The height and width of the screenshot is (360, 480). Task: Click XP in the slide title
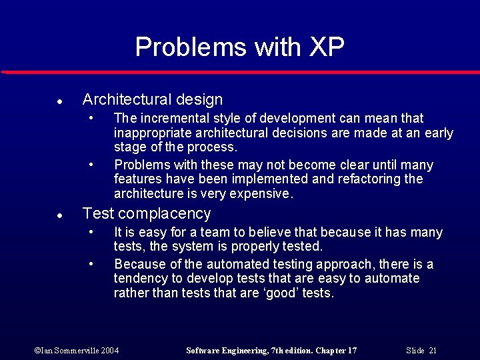326,47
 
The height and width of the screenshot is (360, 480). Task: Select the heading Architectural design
152,100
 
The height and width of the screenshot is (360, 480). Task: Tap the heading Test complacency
146,214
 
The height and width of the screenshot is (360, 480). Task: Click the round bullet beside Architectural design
59,102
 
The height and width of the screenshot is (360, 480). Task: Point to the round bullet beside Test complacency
59,216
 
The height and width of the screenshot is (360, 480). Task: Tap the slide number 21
433,351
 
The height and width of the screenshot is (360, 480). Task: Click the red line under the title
240,72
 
